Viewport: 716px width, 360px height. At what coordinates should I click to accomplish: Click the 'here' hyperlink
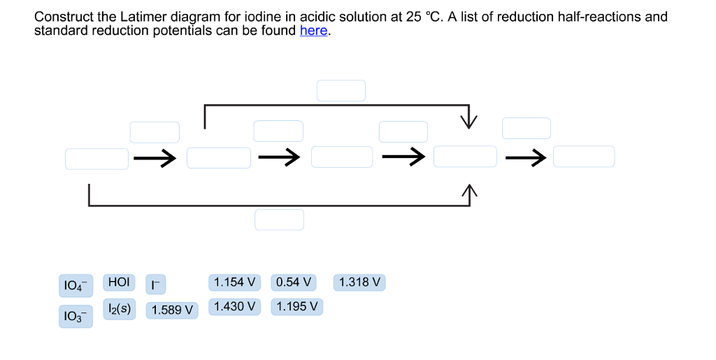tap(313, 31)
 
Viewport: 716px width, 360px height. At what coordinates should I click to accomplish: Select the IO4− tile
tap(76, 285)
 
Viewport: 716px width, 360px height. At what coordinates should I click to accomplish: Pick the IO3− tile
tap(76, 316)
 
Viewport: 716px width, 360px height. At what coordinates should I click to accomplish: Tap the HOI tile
tap(118, 282)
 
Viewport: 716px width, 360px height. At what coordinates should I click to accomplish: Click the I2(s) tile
tap(120, 308)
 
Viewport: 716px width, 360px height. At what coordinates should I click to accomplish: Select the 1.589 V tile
tap(172, 310)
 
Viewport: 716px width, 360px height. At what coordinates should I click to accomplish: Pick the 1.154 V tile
tap(234, 282)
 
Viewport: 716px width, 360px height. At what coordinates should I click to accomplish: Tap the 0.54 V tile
tap(293, 282)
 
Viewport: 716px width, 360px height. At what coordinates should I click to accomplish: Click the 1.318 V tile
tap(359, 282)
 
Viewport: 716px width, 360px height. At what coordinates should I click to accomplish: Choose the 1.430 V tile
tap(234, 306)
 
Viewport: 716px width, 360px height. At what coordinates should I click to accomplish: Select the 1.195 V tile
tap(296, 306)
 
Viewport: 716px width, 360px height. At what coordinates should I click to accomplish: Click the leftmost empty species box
tap(96, 159)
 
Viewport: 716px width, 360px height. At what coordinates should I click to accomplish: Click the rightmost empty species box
tap(584, 157)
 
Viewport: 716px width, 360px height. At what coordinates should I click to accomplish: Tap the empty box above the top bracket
tap(341, 91)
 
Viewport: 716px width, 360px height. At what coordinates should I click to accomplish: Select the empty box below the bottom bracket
tap(279, 219)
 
